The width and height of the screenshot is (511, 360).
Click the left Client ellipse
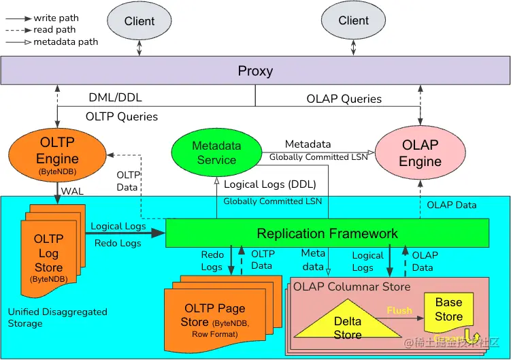pos(139,21)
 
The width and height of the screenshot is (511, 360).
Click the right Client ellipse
pos(353,20)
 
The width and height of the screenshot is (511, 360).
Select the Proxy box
pos(255,71)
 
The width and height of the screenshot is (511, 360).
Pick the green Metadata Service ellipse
pos(216,153)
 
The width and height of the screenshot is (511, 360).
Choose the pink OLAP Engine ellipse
pos(420,153)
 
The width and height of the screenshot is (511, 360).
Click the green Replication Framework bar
pos(327,233)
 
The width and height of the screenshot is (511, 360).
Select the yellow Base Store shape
pos(448,310)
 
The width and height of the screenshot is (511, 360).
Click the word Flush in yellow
pos(399,310)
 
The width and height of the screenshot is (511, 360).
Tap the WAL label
pos(72,191)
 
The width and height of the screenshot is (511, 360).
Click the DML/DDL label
pos(115,98)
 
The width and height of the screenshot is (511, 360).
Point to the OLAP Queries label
pos(344,99)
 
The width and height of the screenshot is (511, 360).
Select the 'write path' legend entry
pos(54,17)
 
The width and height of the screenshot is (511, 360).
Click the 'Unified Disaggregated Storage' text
pos(57,317)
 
